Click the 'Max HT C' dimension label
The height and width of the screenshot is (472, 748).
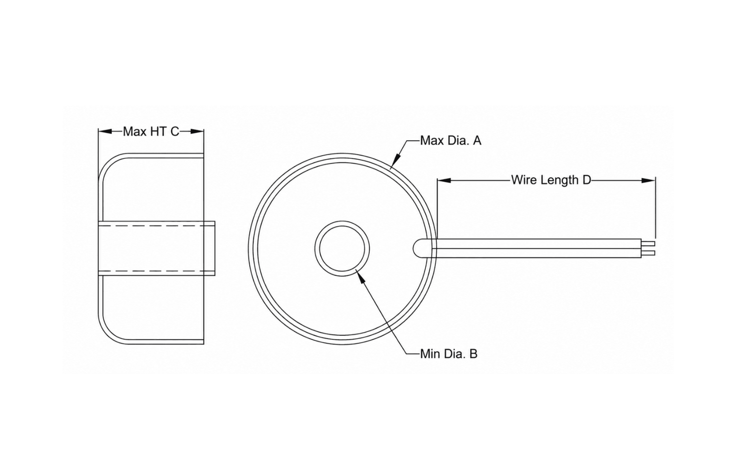[x=151, y=132]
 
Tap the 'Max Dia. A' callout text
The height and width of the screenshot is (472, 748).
[x=450, y=141]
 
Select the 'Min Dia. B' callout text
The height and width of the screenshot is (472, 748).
[x=449, y=354]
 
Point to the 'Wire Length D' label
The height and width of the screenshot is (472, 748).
[x=551, y=180]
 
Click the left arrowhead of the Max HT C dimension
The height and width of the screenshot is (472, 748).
[x=105, y=131]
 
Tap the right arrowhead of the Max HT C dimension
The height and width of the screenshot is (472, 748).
[x=197, y=131]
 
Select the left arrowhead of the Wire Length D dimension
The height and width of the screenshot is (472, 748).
[x=444, y=181]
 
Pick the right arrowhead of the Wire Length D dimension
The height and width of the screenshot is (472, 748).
[x=648, y=181]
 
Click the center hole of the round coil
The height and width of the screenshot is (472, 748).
[x=342, y=248]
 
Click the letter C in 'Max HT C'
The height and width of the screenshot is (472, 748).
[x=175, y=132]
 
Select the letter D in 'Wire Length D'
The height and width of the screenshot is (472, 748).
[x=587, y=180]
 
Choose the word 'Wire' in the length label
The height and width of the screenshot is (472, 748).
[x=524, y=180]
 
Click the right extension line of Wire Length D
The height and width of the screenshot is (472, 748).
[x=656, y=208]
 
